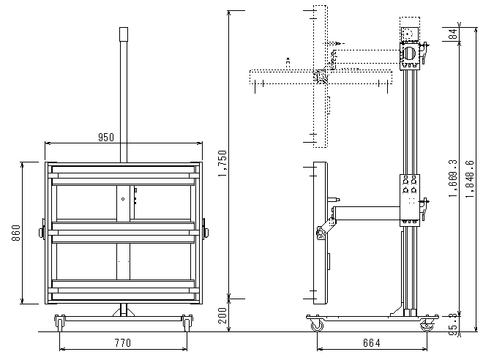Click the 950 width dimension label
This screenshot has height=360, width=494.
(106, 137)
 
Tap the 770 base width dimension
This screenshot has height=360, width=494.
(122, 342)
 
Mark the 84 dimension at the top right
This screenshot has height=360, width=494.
(454, 34)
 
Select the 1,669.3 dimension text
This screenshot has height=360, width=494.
(454, 179)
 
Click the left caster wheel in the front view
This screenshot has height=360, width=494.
(58, 320)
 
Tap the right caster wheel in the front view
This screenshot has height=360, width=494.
(187, 320)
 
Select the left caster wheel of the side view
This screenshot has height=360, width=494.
(317, 325)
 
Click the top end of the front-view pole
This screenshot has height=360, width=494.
(123, 30)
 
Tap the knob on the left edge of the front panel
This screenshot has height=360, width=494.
(42, 233)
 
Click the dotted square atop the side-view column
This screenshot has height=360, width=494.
(408, 34)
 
